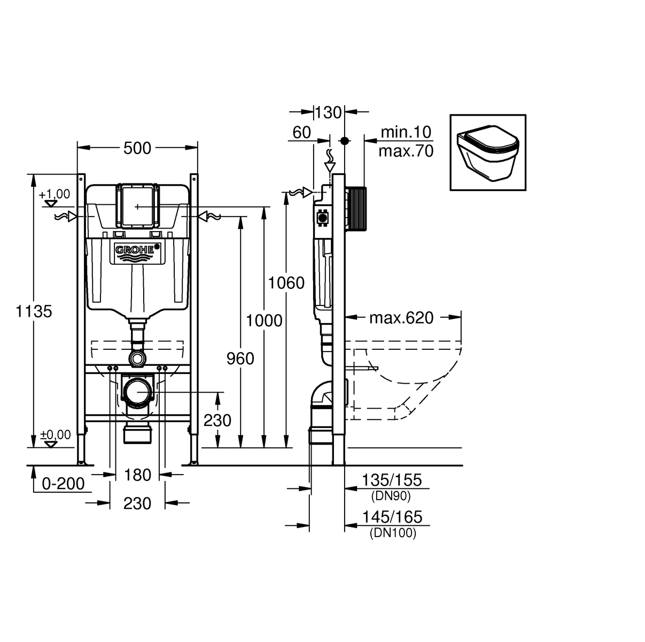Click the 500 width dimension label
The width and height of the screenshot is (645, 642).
(x=137, y=148)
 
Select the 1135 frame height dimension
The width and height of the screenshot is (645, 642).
(x=34, y=311)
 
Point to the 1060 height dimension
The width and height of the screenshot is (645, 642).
(x=286, y=283)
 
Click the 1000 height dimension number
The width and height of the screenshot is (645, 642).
(x=264, y=321)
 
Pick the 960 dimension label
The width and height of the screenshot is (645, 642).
(x=240, y=358)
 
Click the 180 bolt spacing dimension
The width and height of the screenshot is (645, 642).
(x=137, y=475)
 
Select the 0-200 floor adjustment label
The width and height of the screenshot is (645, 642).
(x=63, y=484)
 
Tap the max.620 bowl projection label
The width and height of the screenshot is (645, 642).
(x=401, y=317)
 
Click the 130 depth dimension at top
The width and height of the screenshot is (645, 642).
(x=328, y=113)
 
